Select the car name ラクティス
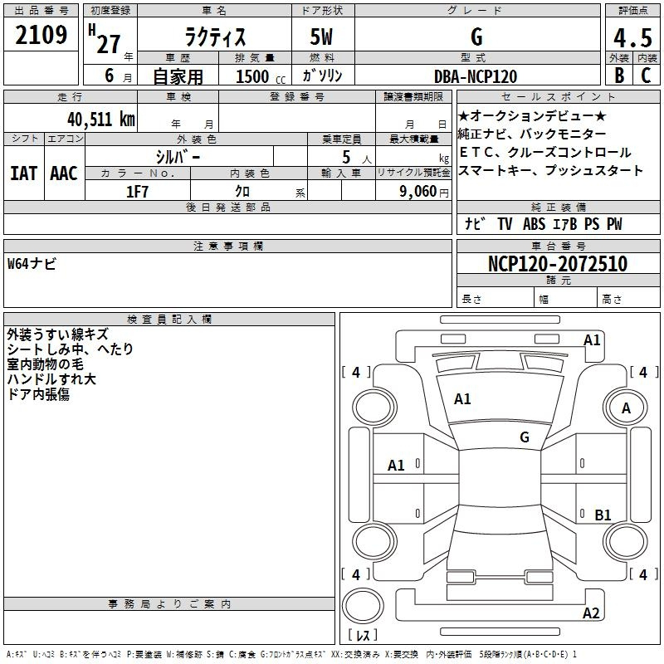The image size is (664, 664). point(213,37)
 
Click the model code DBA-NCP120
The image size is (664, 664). point(476,76)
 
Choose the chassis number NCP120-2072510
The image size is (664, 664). point(557,264)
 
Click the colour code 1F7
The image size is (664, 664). point(137,192)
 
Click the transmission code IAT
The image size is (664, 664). point(24,173)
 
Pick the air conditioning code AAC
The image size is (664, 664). point(64,173)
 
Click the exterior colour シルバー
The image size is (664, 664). point(178,156)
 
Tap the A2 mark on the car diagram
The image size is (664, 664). point(591,613)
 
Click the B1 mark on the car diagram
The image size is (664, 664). point(603,515)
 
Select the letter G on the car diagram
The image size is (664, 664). point(525,437)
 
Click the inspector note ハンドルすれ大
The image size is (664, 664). point(51,379)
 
